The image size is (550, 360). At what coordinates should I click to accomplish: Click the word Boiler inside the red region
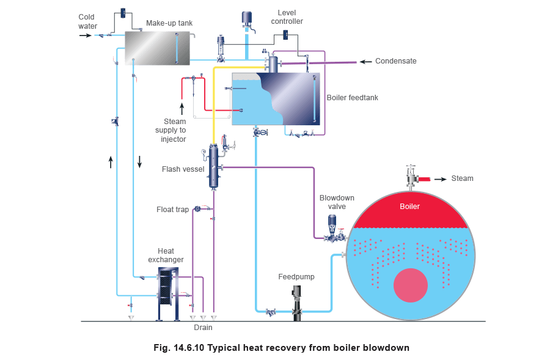pyautogui.click(x=409, y=207)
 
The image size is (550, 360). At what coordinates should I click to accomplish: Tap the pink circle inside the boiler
pyautogui.click(x=410, y=286)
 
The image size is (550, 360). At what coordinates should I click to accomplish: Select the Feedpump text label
pyautogui.click(x=296, y=277)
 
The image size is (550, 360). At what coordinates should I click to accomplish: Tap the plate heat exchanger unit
pyautogui.click(x=167, y=292)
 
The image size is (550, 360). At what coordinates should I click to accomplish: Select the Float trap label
pyautogui.click(x=174, y=210)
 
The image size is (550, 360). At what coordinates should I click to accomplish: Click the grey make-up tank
pyautogui.click(x=156, y=48)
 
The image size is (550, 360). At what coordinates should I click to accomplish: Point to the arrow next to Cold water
pyautogui.click(x=86, y=35)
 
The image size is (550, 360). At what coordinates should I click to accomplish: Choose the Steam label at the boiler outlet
pyautogui.click(x=463, y=179)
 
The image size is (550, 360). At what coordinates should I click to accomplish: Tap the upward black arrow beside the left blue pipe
pyautogui.click(x=111, y=162)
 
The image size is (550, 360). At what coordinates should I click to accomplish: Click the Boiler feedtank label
pyautogui.click(x=353, y=97)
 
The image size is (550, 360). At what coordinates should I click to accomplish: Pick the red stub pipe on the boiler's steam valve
pyautogui.click(x=424, y=179)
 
